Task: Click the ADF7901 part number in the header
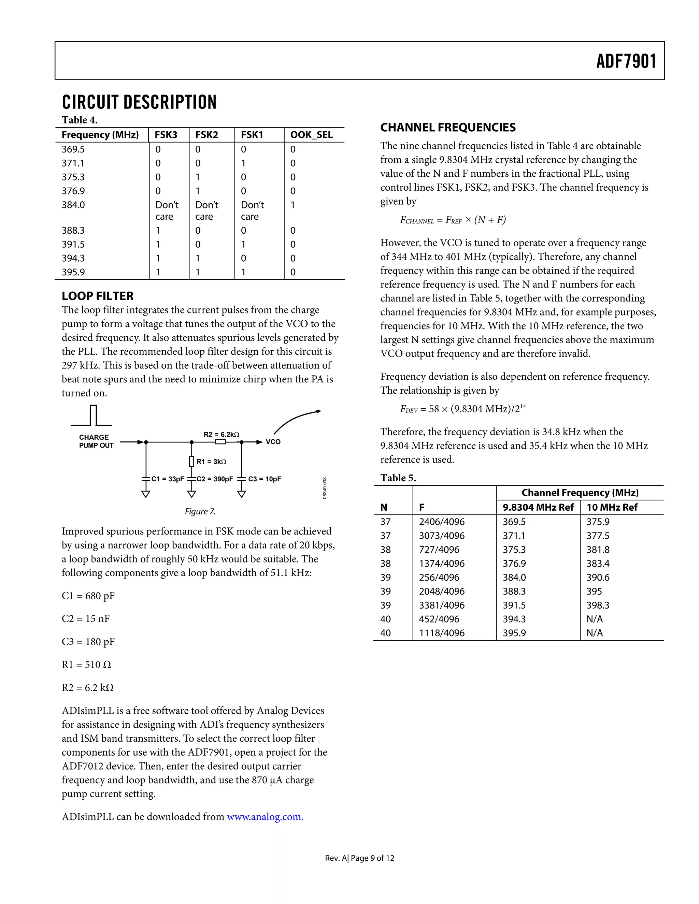626,61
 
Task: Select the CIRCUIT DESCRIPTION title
139,102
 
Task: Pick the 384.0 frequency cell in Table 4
73,205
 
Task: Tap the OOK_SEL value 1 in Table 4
293,205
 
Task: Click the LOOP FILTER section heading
98,296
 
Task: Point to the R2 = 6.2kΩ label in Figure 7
221,434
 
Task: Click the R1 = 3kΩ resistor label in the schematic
211,462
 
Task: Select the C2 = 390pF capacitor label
214,479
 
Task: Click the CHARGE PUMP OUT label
96,441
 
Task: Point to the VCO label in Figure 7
273,442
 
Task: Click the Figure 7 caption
200,512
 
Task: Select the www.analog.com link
265,817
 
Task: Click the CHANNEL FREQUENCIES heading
448,128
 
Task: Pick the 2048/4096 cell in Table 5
441,591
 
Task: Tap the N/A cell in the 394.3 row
594,619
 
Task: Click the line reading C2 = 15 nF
86,618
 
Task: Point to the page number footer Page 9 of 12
372,858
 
